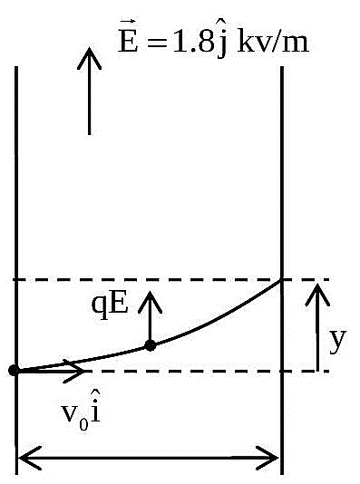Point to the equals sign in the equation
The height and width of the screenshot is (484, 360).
point(157,44)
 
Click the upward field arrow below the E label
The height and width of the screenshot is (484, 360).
point(89,91)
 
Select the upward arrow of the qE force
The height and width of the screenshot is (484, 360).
point(150,318)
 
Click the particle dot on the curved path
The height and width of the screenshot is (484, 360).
point(150,345)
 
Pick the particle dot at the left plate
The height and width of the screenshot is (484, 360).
point(15,370)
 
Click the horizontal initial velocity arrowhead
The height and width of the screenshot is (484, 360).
point(74,371)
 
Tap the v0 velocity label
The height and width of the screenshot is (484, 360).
point(75,414)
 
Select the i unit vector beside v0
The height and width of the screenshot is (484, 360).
point(96,408)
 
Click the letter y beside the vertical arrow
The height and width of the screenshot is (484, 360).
point(337,341)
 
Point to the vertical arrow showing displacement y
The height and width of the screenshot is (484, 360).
point(317,327)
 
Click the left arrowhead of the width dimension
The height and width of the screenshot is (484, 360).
point(29,458)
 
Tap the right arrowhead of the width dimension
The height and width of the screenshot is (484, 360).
point(268,458)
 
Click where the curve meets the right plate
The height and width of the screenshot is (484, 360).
point(281,280)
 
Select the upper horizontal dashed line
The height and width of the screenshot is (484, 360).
point(171,280)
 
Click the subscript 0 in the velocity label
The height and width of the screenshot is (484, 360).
point(83,425)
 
